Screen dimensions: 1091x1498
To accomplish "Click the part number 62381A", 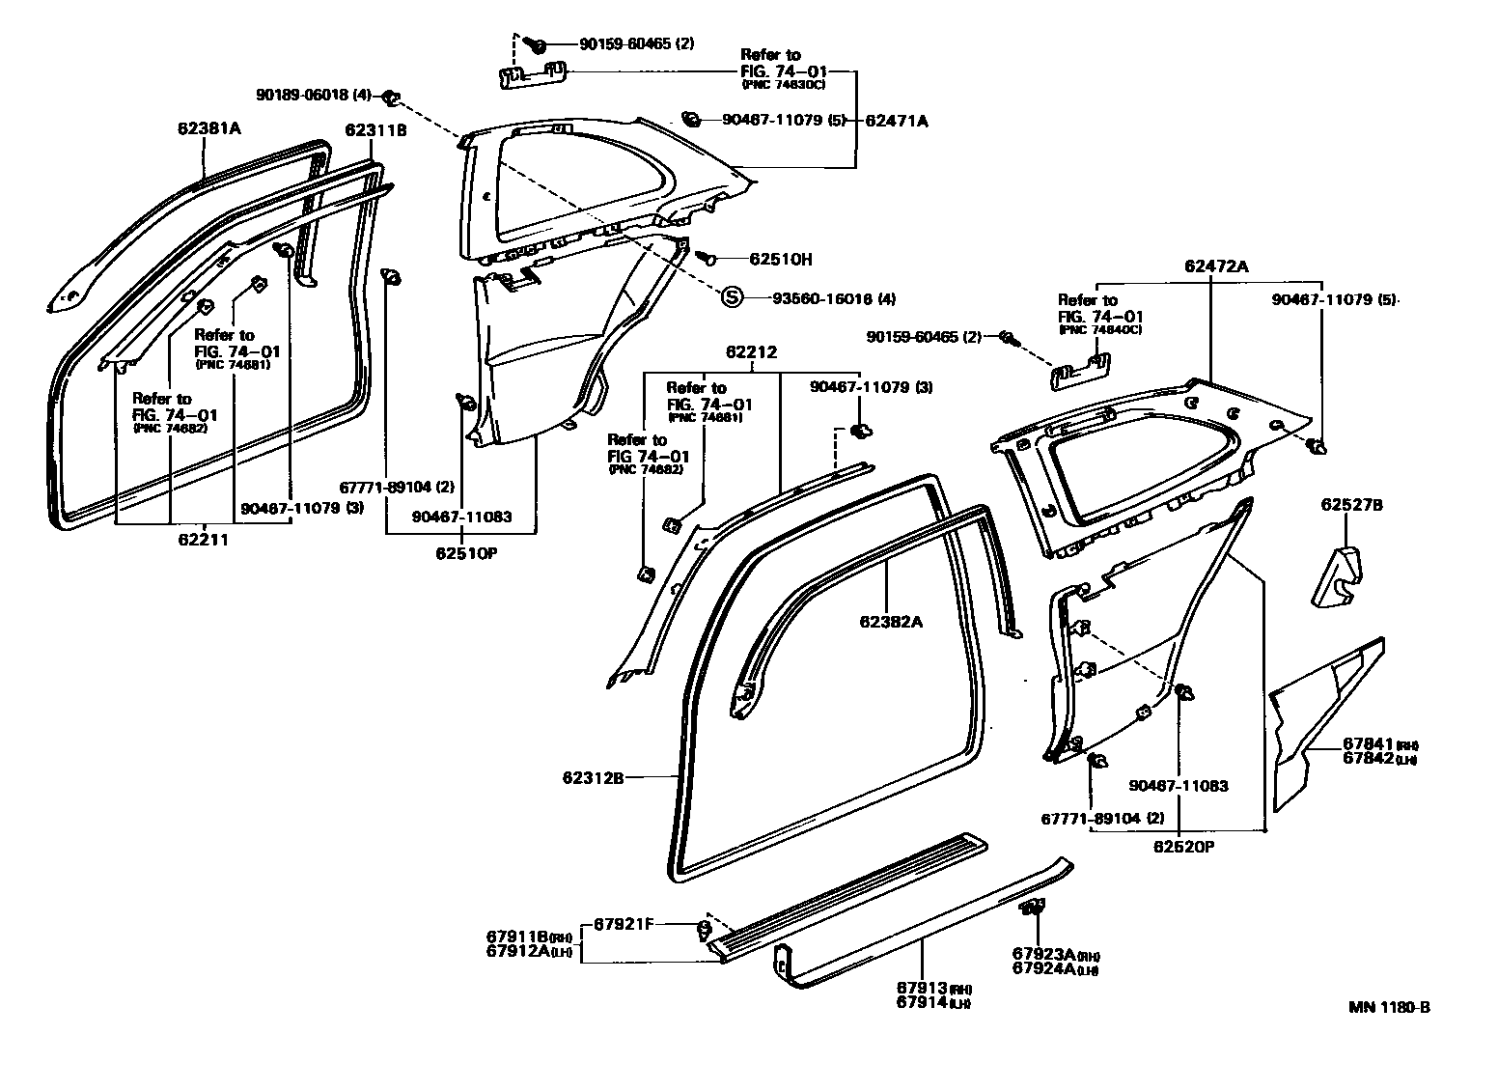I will point(208,127).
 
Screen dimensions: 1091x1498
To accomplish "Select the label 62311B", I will point(376,130).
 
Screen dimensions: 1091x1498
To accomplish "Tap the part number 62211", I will point(203,540).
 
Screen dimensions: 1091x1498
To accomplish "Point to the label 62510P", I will point(461,553).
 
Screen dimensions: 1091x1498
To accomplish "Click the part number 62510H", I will point(781,259).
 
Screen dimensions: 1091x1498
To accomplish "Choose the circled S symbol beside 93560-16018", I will point(732,297).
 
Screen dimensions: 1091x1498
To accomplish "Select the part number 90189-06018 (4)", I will point(314,95).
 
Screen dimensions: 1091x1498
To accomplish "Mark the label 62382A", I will point(891,622).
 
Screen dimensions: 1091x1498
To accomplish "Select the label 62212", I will point(750,353).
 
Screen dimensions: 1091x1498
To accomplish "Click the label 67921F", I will point(624,924).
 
